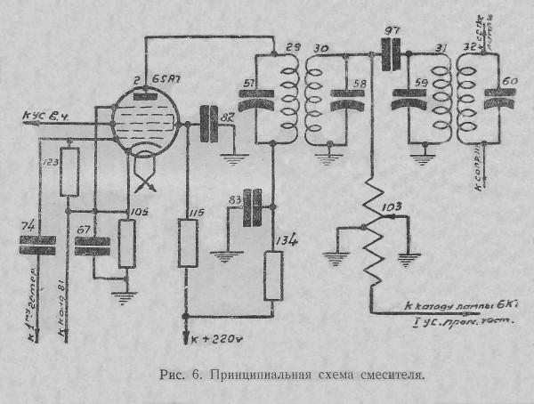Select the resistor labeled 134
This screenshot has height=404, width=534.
pos(274,275)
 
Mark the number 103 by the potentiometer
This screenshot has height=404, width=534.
pos(391,207)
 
